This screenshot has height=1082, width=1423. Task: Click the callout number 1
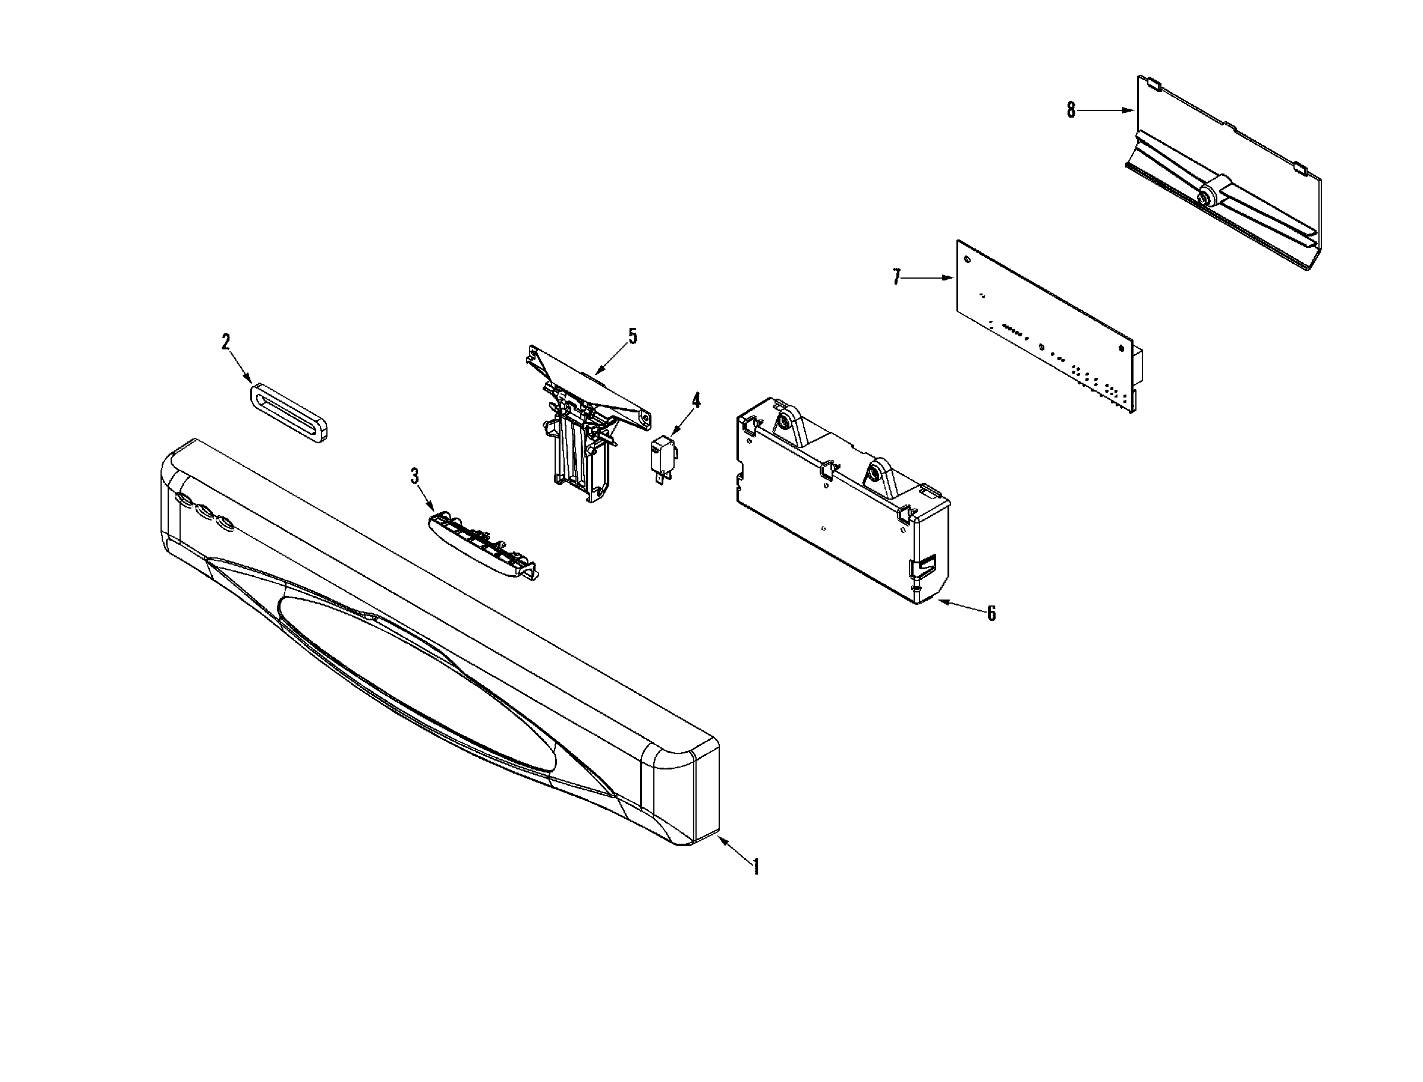pyautogui.click(x=755, y=867)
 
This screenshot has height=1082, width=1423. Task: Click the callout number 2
pyautogui.click(x=225, y=342)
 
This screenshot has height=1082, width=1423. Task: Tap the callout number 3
pyautogui.click(x=415, y=476)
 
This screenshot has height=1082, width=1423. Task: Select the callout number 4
pyautogui.click(x=695, y=400)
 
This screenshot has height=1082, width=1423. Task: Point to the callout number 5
pyautogui.click(x=632, y=336)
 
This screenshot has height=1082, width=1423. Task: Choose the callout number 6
pyautogui.click(x=991, y=613)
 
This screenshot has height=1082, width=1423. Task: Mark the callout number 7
pyautogui.click(x=896, y=277)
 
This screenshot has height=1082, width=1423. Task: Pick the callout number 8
pyautogui.click(x=1071, y=110)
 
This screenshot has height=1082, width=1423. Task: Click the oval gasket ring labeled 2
pyautogui.click(x=289, y=412)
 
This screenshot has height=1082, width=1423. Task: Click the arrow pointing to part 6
pyautogui.click(x=960, y=606)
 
